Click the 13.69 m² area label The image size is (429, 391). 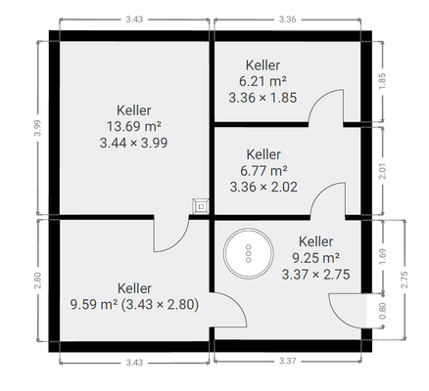[134, 126]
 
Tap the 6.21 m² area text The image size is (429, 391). [262, 81]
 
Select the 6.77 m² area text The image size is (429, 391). [263, 170]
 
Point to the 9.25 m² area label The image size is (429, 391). [315, 258]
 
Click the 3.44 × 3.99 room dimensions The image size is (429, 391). [133, 143]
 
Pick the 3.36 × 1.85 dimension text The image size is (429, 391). [262, 98]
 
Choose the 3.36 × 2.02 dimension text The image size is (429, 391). [263, 187]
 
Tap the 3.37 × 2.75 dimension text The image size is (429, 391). [315, 275]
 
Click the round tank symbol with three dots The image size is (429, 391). [249, 252]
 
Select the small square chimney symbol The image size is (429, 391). [201, 206]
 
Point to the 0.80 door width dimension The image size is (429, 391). [383, 311]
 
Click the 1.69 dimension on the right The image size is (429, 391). [383, 257]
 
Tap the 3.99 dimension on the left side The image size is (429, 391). [38, 128]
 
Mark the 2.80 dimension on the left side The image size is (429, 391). [38, 281]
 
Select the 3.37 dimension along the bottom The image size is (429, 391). [288, 361]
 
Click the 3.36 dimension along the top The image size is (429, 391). [288, 20]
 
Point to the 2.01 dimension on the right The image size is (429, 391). [383, 171]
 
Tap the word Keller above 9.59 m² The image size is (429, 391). [134, 288]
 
